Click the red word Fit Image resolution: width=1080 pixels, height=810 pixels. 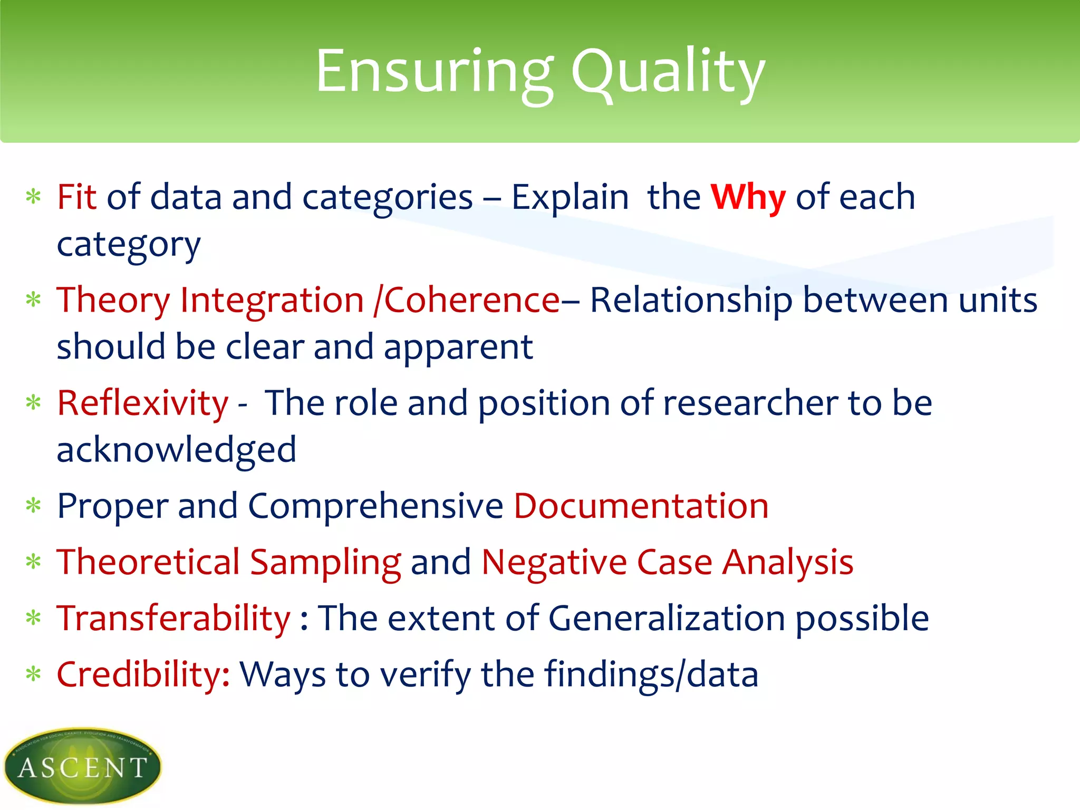coord(76,197)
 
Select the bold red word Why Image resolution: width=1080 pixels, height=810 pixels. coord(748,197)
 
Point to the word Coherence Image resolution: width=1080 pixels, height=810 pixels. coord(471,300)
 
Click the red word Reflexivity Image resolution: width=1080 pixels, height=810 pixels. coord(142,403)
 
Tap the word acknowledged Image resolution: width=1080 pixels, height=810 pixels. coord(176,450)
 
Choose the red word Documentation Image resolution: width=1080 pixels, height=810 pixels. coord(641,506)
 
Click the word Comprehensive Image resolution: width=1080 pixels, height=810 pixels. coord(375,506)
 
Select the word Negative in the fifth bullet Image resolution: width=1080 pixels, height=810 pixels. coord(554,562)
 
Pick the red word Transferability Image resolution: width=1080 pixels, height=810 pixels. coord(173,618)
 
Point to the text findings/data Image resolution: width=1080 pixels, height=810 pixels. coord(651,674)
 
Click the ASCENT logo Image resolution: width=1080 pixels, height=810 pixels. coord(82,766)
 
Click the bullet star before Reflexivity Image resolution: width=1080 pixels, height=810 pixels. coord(33,403)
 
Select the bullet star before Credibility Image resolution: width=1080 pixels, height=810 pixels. coord(33,674)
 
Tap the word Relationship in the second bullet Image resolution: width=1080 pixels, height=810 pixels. coord(690,300)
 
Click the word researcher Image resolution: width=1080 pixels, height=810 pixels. coord(750,403)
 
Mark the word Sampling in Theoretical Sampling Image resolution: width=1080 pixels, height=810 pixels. coord(325,562)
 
